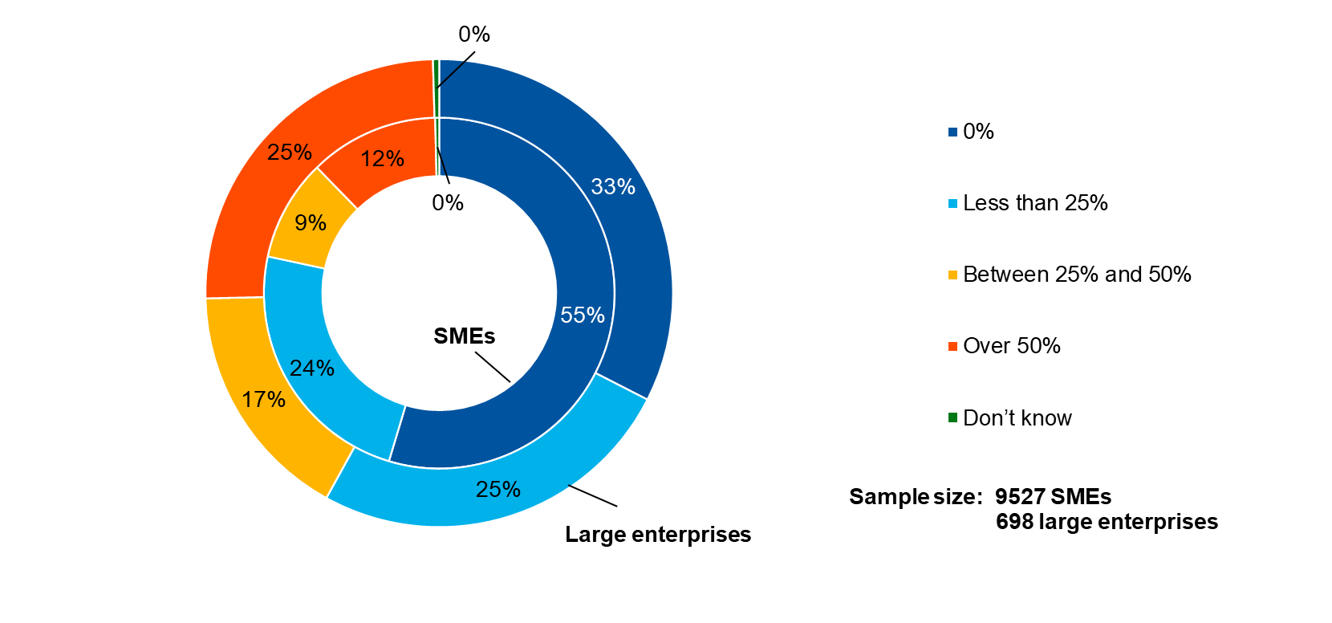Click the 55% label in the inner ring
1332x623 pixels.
583,315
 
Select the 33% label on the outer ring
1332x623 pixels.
613,186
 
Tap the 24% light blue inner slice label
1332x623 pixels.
312,368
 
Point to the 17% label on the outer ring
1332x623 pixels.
264,399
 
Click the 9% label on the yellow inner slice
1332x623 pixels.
311,222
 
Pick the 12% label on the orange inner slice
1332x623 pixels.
382,159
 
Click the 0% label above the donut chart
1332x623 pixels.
474,34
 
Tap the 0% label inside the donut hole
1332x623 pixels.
448,202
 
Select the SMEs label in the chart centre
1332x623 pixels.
465,336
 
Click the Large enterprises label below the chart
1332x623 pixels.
658,534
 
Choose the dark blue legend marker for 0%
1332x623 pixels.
952,132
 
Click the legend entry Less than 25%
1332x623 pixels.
1035,203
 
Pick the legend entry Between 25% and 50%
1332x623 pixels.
1077,275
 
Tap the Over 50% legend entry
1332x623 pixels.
1012,346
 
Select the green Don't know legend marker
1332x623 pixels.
952,417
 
